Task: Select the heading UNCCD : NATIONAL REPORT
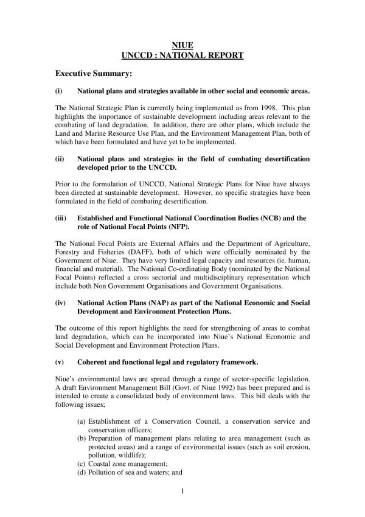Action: [x=182, y=55]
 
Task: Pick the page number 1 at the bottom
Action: [x=182, y=490]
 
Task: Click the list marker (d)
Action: [x=81, y=472]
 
